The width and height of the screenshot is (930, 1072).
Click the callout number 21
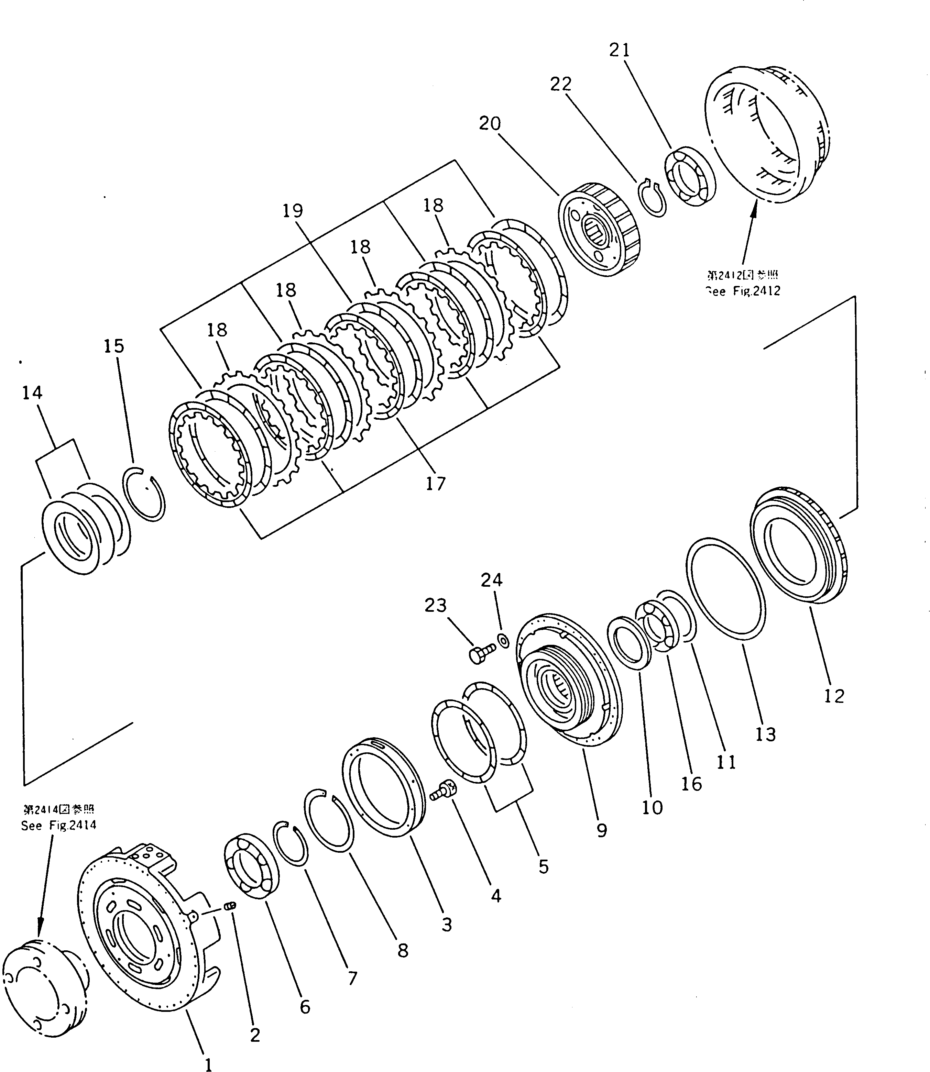tap(619, 50)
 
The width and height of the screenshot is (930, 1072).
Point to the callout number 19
tap(293, 211)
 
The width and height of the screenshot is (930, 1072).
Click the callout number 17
tap(435, 484)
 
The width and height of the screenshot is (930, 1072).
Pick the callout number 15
tap(114, 346)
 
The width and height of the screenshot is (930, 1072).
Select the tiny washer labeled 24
tap(503, 641)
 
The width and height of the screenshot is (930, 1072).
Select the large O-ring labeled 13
tap(725, 587)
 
